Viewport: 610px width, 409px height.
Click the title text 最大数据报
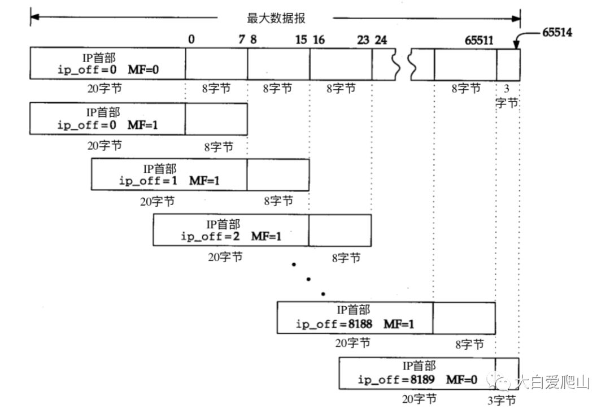276,18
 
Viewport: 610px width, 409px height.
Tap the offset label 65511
477,40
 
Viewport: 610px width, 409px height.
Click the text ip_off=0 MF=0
108,70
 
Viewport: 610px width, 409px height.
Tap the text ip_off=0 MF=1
108,124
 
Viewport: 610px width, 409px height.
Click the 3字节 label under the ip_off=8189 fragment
502,401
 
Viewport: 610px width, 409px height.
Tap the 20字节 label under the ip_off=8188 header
353,342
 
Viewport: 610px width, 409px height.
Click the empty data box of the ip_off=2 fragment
340,230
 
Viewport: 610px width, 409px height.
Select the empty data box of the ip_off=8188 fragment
464,318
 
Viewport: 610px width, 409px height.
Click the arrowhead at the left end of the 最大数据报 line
34,18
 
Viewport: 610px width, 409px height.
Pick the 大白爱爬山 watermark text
554,383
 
